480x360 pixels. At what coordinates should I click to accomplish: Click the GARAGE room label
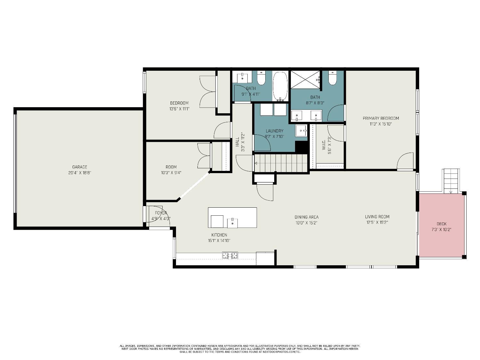click(x=79, y=167)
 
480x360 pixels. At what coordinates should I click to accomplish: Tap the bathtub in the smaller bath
click(x=280, y=85)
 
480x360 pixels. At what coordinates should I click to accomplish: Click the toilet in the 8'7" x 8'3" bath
click(x=332, y=78)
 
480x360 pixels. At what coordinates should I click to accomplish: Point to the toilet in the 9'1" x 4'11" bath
click(x=261, y=78)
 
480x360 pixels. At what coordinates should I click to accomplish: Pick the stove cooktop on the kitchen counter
click(x=230, y=255)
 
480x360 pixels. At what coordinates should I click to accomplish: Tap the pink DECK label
click(x=441, y=224)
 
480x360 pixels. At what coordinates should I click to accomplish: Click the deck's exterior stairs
click(x=451, y=181)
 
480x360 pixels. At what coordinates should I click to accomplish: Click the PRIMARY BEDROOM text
click(x=380, y=118)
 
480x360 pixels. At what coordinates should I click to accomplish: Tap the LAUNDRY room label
click(x=274, y=131)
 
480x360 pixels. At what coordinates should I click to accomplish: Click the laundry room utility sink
click(x=301, y=130)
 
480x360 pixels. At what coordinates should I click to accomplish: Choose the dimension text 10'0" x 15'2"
click(x=306, y=223)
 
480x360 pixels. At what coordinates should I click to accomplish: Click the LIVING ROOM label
click(x=377, y=217)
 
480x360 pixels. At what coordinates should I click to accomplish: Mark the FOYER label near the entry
click(x=161, y=213)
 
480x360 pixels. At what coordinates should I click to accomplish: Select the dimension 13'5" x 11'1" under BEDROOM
click(x=179, y=109)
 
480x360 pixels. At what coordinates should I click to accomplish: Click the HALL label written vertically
click(x=237, y=142)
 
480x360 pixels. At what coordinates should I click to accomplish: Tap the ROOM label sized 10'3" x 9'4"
click(x=171, y=167)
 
